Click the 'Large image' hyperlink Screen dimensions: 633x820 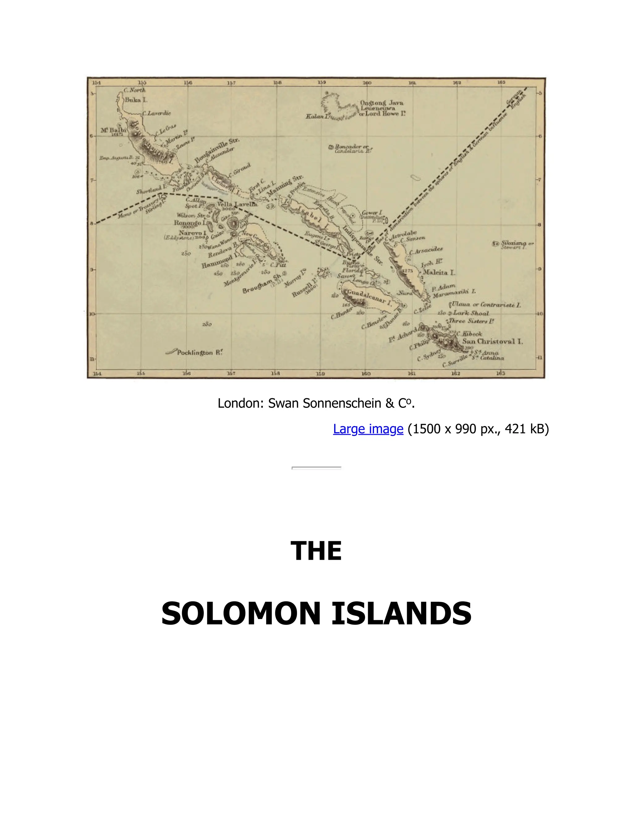[x=368, y=429]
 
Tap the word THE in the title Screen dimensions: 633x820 [x=316, y=551]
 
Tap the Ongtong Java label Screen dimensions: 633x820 [x=382, y=103]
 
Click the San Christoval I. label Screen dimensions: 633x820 [x=492, y=342]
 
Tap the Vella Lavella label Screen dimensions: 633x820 [x=237, y=204]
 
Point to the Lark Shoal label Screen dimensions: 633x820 [x=471, y=313]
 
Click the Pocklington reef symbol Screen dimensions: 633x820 [x=171, y=352]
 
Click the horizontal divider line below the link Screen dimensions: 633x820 [x=316, y=468]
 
